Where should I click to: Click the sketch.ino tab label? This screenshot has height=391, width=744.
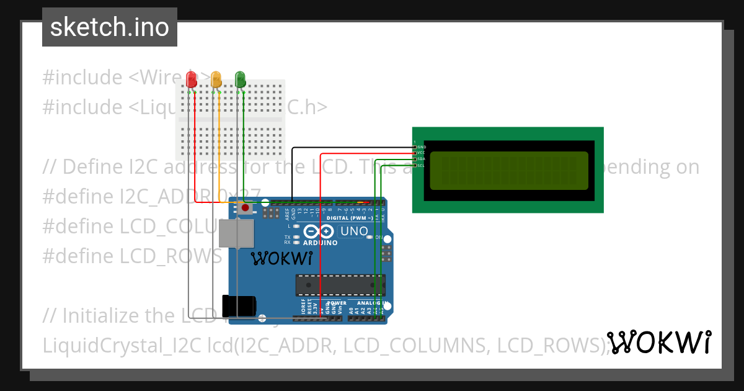[110, 27]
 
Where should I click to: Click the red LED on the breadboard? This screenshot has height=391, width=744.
[192, 79]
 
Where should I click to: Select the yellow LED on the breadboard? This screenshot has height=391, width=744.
[216, 79]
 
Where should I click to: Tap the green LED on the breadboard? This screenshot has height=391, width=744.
[240, 79]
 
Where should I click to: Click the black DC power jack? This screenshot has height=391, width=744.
[239, 305]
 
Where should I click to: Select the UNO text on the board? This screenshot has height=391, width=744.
[354, 231]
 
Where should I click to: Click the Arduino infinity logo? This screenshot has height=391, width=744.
[319, 232]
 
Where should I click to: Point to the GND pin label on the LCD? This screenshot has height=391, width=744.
[421, 147]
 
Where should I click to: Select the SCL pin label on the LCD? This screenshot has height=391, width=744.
[420, 165]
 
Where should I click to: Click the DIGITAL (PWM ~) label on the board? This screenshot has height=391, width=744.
[350, 218]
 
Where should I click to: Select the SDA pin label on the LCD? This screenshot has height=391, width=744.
[420, 159]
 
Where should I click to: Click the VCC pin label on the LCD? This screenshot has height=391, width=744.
[420, 153]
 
